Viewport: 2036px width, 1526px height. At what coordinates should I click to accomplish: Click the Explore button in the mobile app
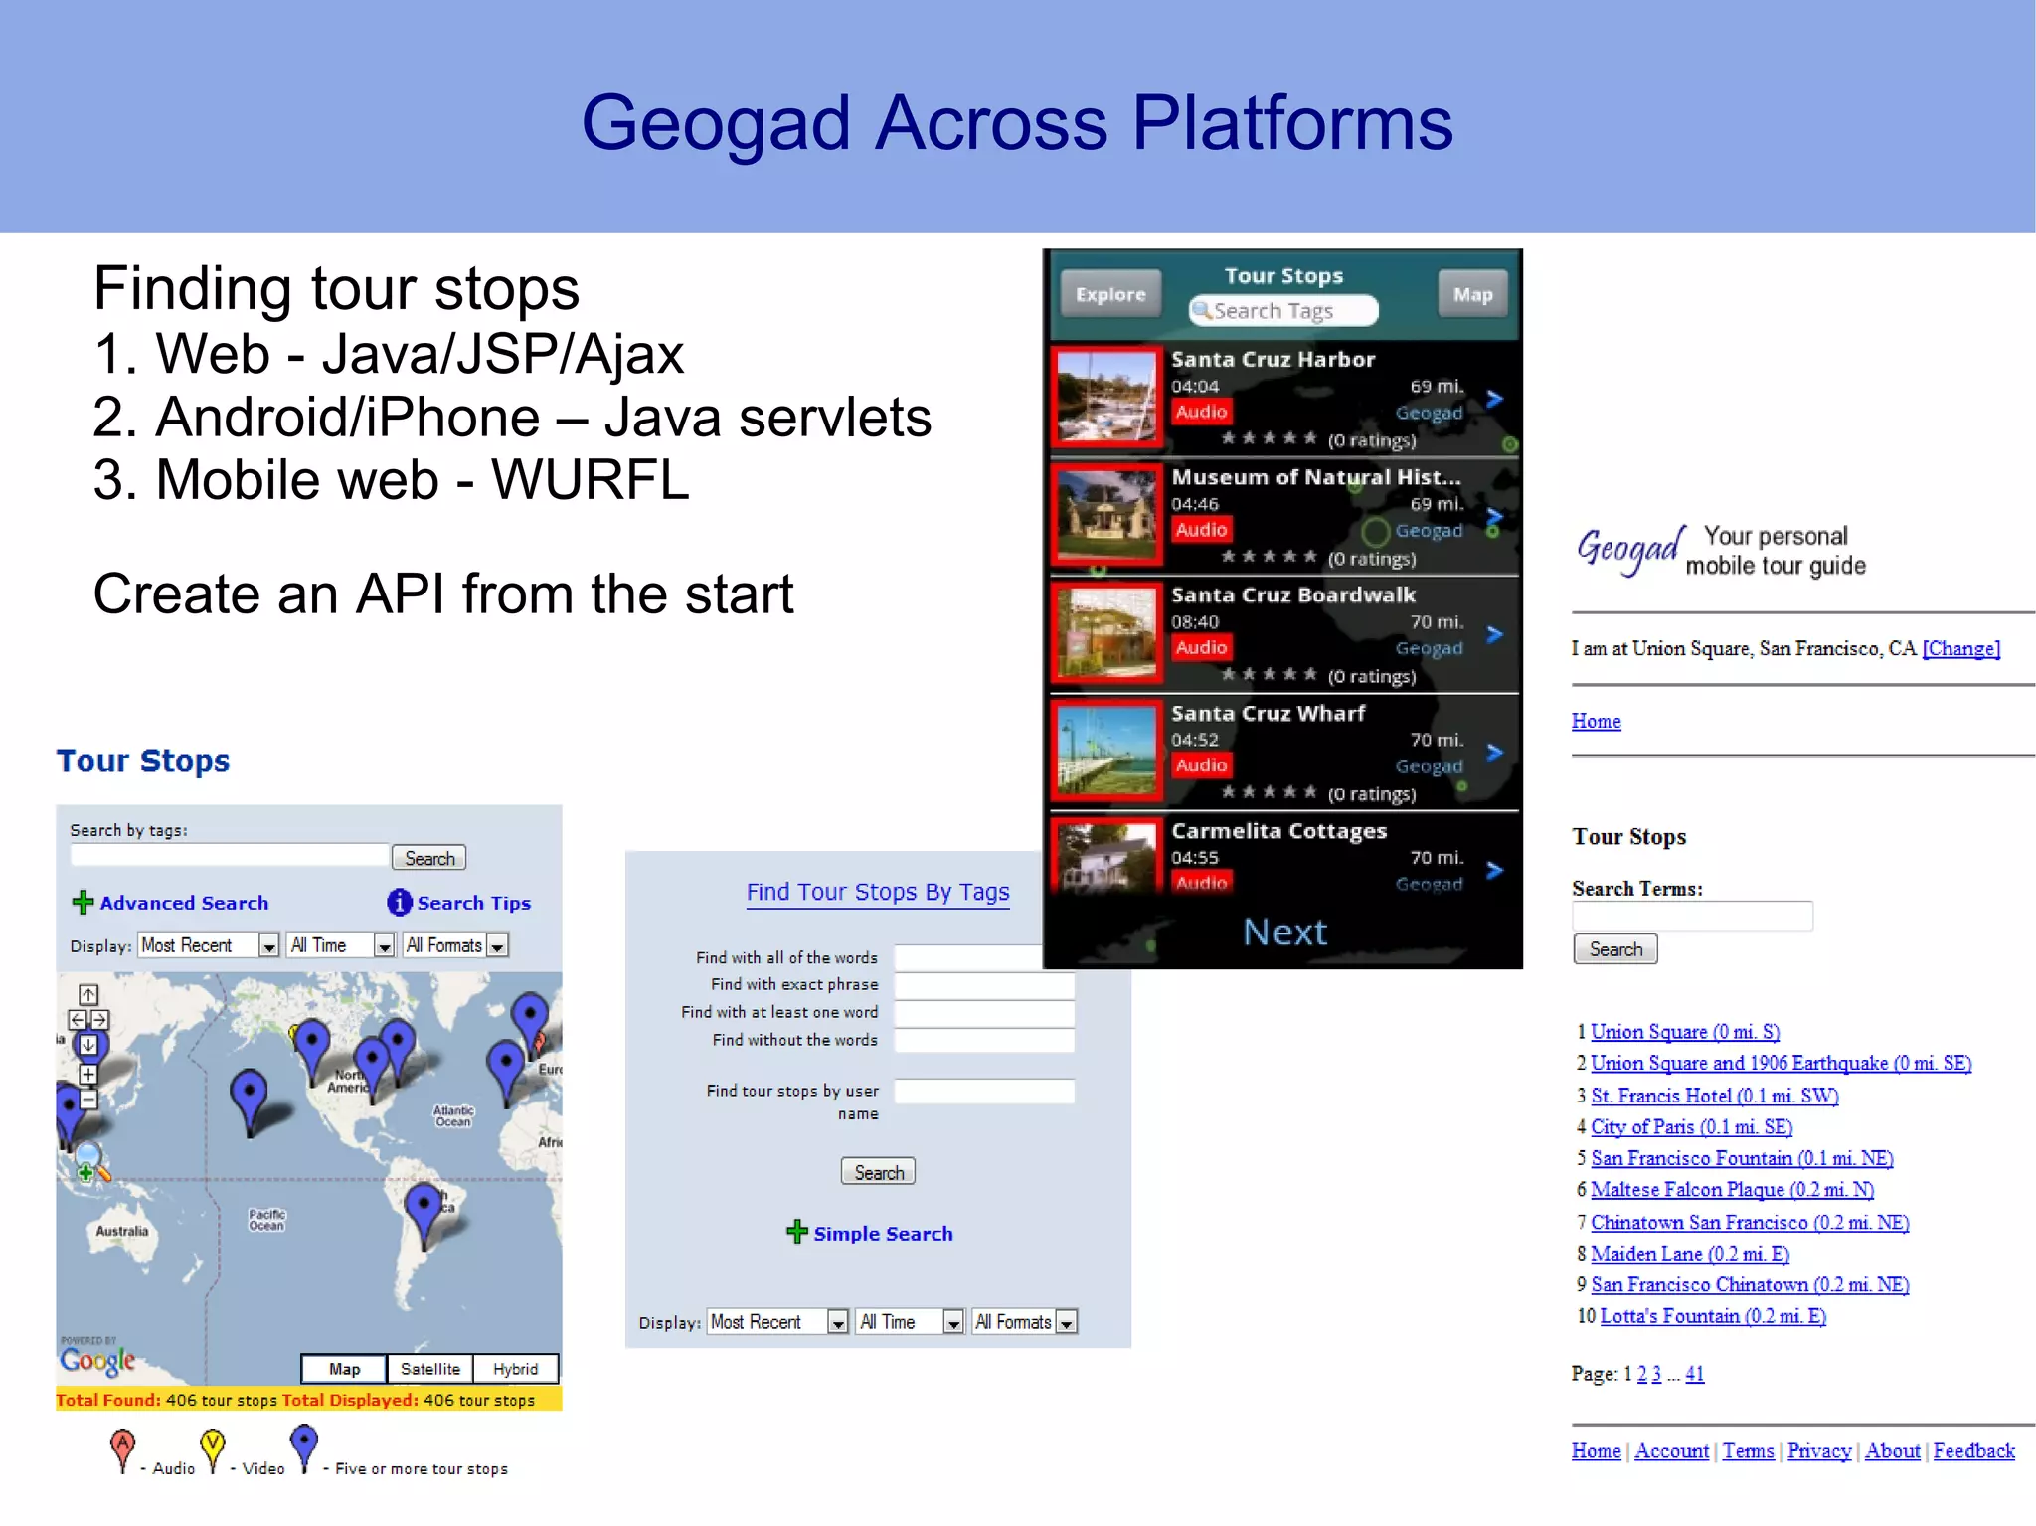point(1109,294)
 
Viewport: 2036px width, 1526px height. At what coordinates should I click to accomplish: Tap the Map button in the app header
point(1471,294)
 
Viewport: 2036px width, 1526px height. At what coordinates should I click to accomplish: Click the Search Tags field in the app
point(1283,311)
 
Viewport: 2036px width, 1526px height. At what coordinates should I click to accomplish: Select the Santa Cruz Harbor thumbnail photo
point(1106,397)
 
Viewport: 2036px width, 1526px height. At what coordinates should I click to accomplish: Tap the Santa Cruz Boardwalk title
point(1292,595)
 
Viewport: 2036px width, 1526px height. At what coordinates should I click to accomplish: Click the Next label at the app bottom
point(1284,933)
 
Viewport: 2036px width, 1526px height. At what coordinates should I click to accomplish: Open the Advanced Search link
point(183,903)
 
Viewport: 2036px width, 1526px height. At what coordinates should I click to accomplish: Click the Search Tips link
point(473,903)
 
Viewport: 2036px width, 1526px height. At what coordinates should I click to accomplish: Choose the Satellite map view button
point(429,1369)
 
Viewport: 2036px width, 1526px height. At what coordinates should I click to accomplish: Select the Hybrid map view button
point(515,1369)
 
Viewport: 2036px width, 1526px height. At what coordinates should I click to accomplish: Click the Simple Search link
point(882,1234)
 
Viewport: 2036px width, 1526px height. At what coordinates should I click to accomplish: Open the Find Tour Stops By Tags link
point(878,892)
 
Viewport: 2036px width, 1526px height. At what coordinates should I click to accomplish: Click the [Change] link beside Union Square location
point(1960,649)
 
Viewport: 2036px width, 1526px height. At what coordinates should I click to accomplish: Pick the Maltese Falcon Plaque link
point(1732,1190)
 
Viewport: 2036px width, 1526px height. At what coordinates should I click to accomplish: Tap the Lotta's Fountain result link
point(1713,1316)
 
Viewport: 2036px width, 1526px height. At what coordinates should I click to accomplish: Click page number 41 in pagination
point(1694,1374)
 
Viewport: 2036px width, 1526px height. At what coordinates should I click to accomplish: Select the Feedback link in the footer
point(1973,1451)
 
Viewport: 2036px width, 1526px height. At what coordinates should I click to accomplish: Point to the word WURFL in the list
point(590,480)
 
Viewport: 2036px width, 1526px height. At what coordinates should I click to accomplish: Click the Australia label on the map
point(122,1231)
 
